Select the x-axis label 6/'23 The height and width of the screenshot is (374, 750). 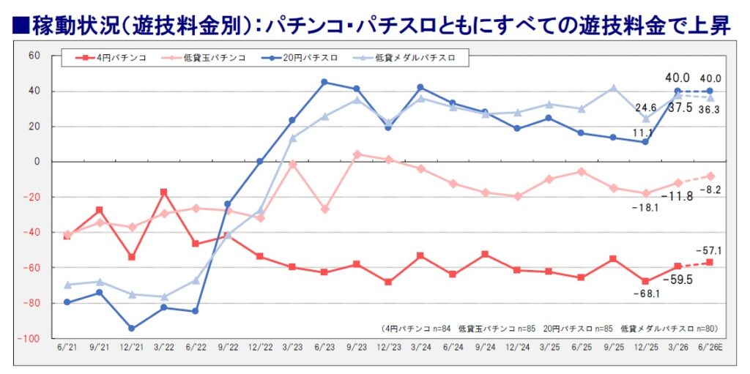[324, 349]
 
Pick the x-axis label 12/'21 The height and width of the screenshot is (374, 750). [132, 349]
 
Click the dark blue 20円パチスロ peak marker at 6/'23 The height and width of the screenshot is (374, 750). [324, 82]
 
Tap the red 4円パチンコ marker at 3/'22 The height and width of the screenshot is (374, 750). [163, 192]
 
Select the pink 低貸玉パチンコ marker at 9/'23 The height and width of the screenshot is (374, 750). [356, 154]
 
